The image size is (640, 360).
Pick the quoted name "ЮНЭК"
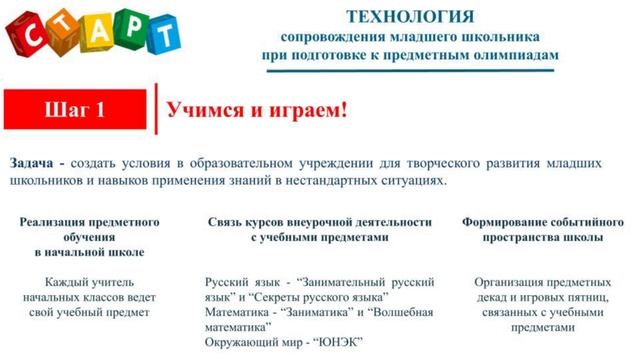point(338,342)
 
